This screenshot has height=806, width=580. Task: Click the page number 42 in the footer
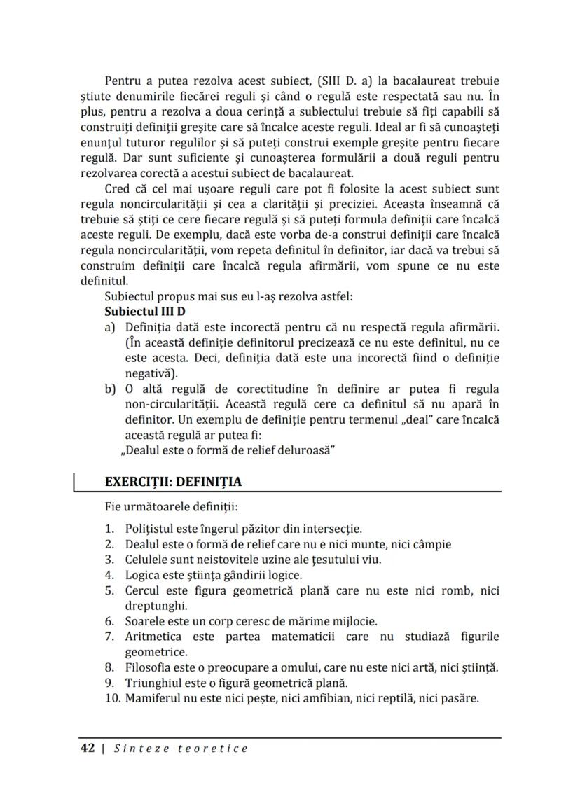click(88, 749)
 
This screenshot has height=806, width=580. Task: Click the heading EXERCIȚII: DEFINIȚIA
click(172, 482)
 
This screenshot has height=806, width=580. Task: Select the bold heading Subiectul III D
click(144, 311)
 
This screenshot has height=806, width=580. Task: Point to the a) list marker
click(109, 327)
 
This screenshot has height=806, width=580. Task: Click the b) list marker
click(110, 389)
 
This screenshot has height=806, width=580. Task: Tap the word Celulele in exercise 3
click(147, 560)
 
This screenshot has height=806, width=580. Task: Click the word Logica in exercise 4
click(143, 575)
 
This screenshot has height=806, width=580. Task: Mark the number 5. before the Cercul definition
click(110, 590)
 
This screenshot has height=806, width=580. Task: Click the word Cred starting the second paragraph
click(117, 190)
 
